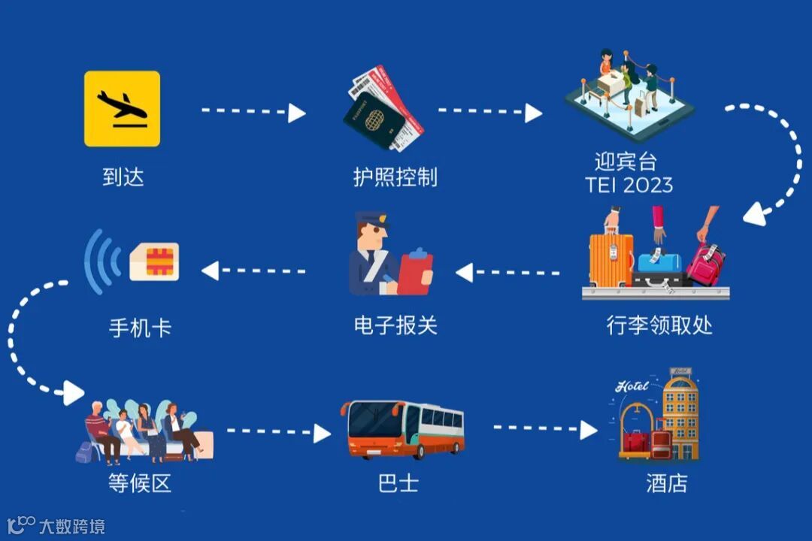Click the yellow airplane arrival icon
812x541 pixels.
coord(122,108)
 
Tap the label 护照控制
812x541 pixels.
coord(395,177)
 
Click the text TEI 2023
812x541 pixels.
coord(629,185)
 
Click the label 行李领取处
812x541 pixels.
coord(659,325)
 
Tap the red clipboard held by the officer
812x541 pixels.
coord(414,272)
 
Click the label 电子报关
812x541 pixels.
coord(395,325)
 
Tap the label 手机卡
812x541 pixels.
coord(140,328)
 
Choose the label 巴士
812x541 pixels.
coord(398,482)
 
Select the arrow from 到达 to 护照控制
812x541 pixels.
coord(253,112)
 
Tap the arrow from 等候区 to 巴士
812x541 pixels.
coord(278,432)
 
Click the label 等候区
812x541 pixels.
coord(140,482)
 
